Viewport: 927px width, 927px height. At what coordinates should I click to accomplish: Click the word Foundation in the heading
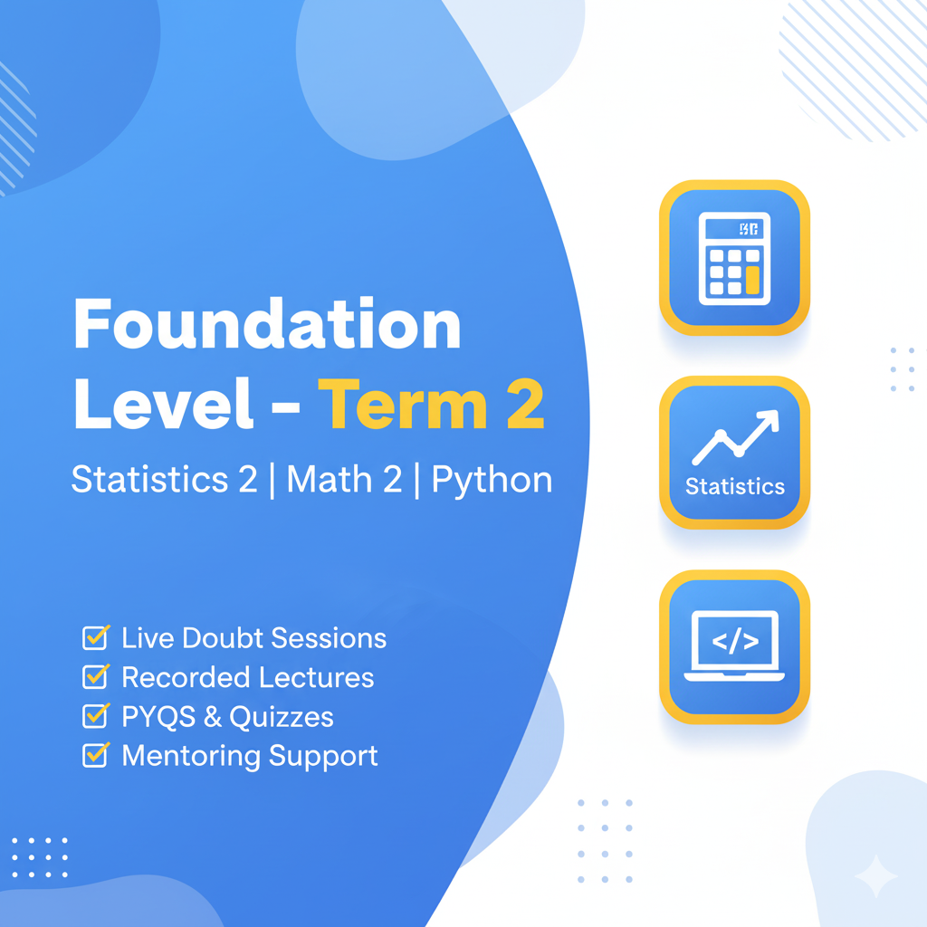tap(267, 324)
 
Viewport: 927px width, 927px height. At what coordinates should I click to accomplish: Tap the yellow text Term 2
tap(432, 405)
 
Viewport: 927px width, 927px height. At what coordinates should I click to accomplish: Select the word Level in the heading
tap(164, 405)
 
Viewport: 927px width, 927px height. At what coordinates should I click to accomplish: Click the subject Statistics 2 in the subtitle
tap(165, 479)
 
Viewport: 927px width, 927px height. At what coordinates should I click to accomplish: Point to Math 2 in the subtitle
tap(344, 479)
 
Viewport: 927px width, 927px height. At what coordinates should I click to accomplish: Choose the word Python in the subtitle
tap(492, 481)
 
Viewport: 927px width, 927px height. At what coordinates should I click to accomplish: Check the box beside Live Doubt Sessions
tap(96, 637)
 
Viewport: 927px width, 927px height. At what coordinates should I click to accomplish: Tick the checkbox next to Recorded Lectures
tap(96, 677)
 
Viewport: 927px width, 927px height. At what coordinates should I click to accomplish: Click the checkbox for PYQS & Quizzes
tap(96, 716)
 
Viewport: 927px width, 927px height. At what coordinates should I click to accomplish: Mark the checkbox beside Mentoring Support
tap(96, 755)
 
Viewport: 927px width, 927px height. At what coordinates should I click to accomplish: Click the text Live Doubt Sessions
tap(254, 638)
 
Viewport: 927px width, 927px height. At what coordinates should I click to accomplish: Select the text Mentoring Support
tap(250, 757)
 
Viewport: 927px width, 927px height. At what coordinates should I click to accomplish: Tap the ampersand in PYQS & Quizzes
tap(213, 717)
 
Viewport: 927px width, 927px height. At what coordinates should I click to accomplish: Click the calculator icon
tap(734, 258)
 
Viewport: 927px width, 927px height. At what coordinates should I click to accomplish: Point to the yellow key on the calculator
tap(752, 280)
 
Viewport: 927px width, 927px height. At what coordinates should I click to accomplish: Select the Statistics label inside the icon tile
tap(735, 486)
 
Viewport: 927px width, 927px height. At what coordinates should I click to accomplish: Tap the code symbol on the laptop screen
tap(735, 642)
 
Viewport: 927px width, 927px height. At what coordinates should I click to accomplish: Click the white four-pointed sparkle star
tap(876, 875)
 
